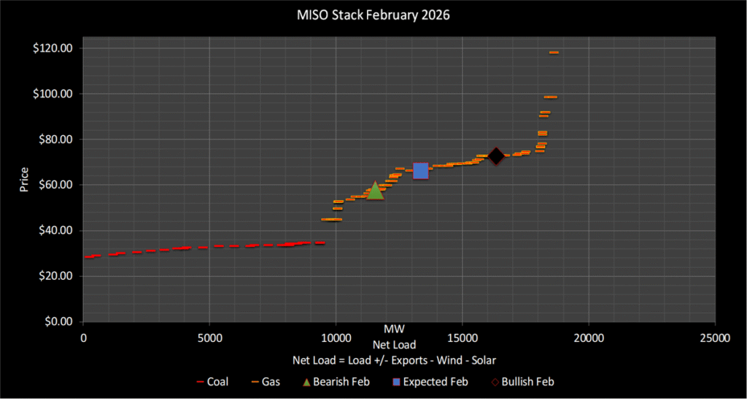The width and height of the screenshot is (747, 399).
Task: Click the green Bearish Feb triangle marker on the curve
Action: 375,191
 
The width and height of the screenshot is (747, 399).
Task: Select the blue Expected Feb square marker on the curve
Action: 420,171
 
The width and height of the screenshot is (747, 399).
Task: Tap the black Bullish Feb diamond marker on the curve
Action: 496,156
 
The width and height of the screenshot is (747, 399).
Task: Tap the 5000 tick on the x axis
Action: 209,338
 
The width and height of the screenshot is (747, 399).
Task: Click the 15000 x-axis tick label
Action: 462,338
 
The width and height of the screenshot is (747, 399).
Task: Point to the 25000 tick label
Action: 714,338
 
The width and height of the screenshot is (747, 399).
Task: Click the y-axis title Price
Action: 24,179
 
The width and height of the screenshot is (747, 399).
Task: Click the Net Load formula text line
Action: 394,360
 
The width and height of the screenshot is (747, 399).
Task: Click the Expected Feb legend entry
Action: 430,381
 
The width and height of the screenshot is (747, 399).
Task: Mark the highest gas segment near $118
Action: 554,53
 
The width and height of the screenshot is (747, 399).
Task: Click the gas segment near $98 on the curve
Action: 550,97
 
